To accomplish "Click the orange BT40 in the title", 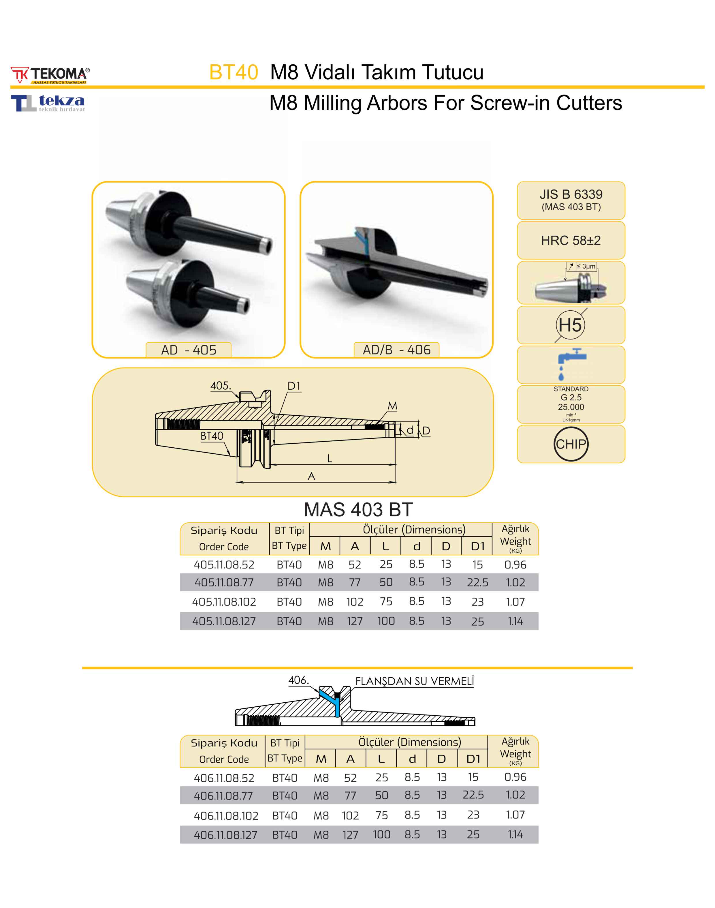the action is (x=234, y=72).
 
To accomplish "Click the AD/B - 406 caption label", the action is (x=396, y=350).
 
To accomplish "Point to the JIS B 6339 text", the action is (x=571, y=194).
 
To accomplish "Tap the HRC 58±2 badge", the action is (x=571, y=240).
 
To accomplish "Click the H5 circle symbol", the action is (x=570, y=325).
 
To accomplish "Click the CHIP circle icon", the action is (x=571, y=444).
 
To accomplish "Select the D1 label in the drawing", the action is (x=294, y=386).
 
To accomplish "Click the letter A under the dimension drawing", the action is (x=311, y=476).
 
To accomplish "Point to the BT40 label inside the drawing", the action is (x=212, y=436).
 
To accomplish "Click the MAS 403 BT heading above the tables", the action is (x=358, y=510).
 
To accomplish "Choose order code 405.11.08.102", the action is (x=224, y=602).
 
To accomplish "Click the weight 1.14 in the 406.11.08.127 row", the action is (x=515, y=835).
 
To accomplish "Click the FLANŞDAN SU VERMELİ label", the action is (x=414, y=681).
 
